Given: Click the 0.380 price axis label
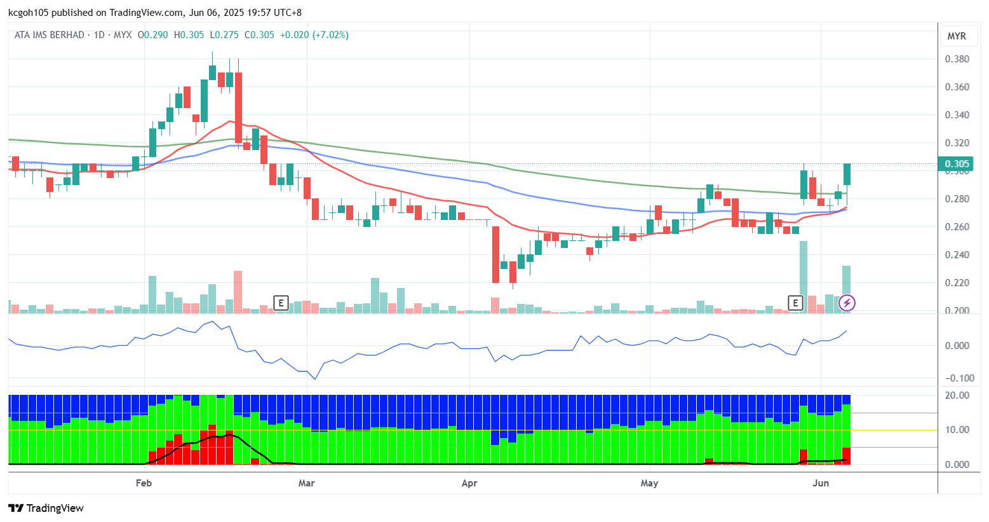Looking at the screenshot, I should click(x=957, y=59).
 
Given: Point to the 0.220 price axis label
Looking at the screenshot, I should click(x=957, y=283).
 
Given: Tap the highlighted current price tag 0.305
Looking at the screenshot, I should click(x=957, y=164).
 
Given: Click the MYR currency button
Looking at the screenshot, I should click(x=957, y=36).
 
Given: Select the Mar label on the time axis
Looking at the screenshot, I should click(x=306, y=483).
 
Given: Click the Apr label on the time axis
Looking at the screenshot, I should click(x=469, y=483).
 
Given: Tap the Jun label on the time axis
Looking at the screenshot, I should click(x=821, y=483).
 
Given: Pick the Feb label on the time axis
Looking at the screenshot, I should click(x=144, y=483).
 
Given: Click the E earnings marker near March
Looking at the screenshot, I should click(x=281, y=303).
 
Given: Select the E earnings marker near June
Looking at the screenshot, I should click(x=795, y=303).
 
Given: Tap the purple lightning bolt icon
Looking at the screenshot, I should click(x=847, y=303).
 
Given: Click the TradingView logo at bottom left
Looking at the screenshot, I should click(x=46, y=508).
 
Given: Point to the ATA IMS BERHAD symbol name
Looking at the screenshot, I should click(x=50, y=35).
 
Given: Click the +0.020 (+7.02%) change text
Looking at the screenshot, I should click(x=314, y=35).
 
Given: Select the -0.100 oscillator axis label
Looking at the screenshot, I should click(x=957, y=378).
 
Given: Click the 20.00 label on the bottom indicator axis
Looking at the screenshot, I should click(x=957, y=395).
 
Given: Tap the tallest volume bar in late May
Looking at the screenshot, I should click(x=804, y=277).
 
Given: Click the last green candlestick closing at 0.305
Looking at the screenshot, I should click(x=847, y=174).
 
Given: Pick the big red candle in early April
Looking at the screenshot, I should click(x=495, y=254).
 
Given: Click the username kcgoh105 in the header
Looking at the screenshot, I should click(x=29, y=13).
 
